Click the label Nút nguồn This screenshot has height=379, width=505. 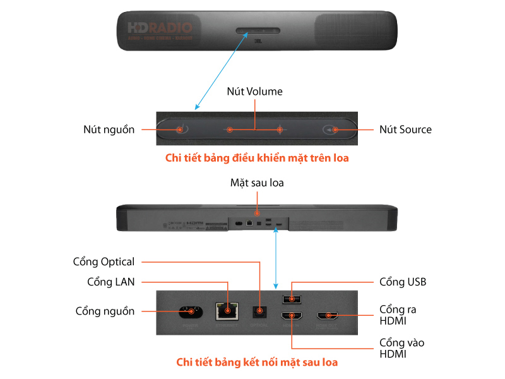(109, 129)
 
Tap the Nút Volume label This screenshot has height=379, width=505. (255, 92)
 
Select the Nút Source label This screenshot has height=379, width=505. (405, 129)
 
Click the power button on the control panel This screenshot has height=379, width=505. (180, 129)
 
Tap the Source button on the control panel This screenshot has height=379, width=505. (334, 129)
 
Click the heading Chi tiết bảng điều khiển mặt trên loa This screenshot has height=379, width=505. (257, 159)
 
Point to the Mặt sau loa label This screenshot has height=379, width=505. (257, 183)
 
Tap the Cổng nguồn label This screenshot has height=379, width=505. (105, 311)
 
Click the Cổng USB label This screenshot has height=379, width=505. (402, 282)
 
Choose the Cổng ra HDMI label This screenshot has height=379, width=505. (398, 315)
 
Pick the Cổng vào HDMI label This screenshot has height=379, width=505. (401, 348)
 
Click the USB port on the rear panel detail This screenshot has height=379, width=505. (293, 297)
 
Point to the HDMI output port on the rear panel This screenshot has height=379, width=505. (328, 315)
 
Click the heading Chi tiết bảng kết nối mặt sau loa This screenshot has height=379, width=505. (257, 362)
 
